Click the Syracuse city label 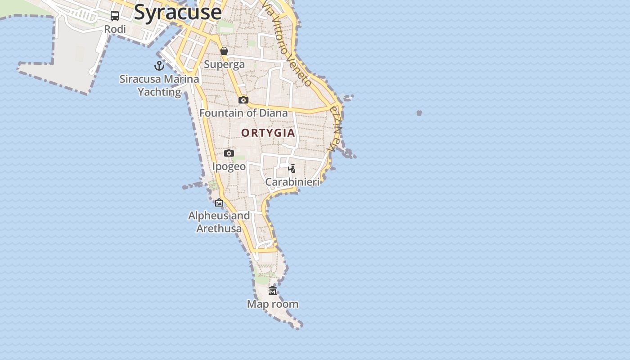[x=178, y=12]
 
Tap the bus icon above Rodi [x=115, y=16]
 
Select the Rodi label [x=115, y=29]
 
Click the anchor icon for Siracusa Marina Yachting [x=159, y=66]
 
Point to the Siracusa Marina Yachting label [x=159, y=85]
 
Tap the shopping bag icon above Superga [x=224, y=51]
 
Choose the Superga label [x=224, y=64]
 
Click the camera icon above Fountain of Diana [x=243, y=100]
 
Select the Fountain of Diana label [x=243, y=113]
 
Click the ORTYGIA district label [x=268, y=133]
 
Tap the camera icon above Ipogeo [x=229, y=153]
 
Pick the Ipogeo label [x=229, y=166]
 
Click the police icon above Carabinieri [x=292, y=169]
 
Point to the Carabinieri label [x=292, y=182]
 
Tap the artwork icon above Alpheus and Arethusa [x=219, y=202]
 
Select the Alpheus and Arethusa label [x=219, y=222]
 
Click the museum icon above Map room [x=273, y=291]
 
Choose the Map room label [x=273, y=304]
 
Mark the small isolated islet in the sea [x=419, y=113]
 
